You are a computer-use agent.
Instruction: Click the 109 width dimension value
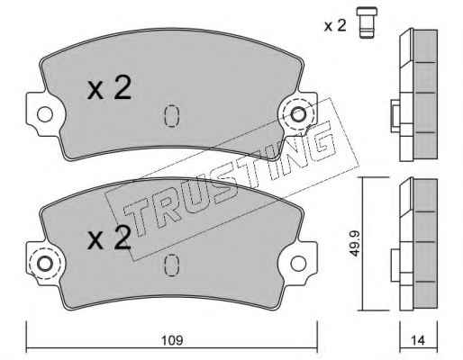[x=172, y=340]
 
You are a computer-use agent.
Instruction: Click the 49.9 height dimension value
[x=355, y=244]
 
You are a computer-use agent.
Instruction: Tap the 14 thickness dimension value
[x=418, y=340]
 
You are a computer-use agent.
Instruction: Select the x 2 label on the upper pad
[x=109, y=87]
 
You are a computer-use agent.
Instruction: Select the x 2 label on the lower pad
[x=109, y=238]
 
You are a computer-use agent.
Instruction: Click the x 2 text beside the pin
[x=335, y=25]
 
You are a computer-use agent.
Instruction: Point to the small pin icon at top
[x=367, y=22]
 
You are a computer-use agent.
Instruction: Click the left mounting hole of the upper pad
[x=45, y=114]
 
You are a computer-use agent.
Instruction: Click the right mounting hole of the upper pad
[x=298, y=114]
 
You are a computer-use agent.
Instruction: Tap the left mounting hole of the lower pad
[x=45, y=264]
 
